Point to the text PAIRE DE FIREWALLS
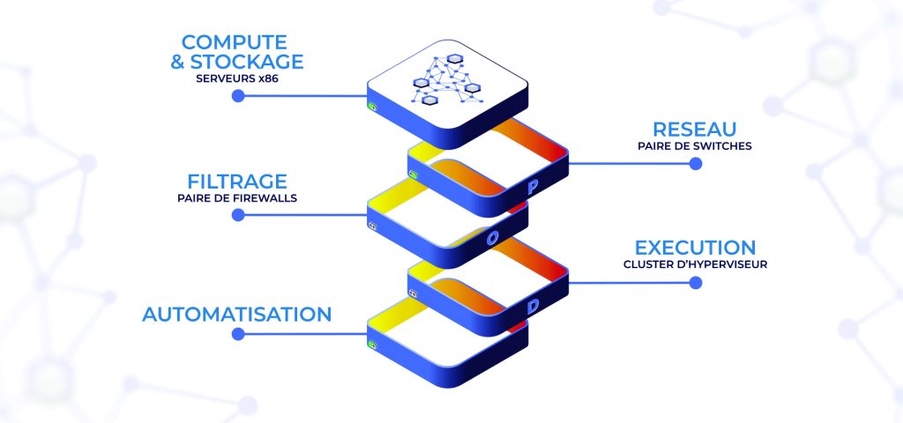point(236,197)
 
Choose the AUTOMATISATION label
point(237,314)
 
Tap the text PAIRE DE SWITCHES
point(695,145)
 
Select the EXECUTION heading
point(695,248)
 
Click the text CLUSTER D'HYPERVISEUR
point(695,263)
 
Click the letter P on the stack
point(532,188)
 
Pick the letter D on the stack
point(533,307)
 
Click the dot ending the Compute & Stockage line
point(237,95)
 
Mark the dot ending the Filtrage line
point(237,213)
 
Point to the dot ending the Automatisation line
point(237,333)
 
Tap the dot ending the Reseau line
point(695,163)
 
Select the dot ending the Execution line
point(695,282)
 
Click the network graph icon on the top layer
point(448,78)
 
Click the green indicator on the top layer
point(373,108)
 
